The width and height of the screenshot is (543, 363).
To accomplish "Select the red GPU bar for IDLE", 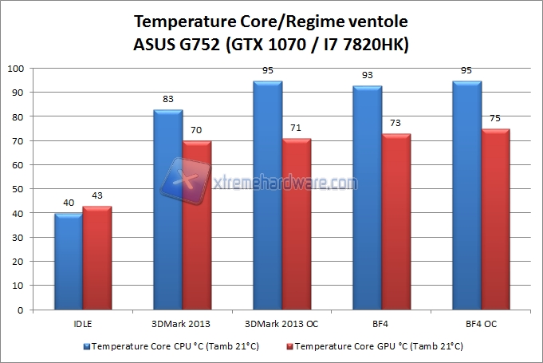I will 97,258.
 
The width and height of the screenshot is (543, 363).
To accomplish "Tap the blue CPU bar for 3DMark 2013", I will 168,210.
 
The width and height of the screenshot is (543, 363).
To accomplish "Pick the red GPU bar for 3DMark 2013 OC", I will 297,224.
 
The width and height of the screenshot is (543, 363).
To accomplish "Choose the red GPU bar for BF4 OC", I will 496,219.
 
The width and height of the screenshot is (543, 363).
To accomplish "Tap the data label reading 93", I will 369,75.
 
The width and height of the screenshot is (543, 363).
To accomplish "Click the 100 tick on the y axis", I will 17,69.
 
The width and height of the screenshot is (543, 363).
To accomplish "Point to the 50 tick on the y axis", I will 19,189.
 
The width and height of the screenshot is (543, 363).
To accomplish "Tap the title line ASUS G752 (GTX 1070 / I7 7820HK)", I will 271,45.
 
